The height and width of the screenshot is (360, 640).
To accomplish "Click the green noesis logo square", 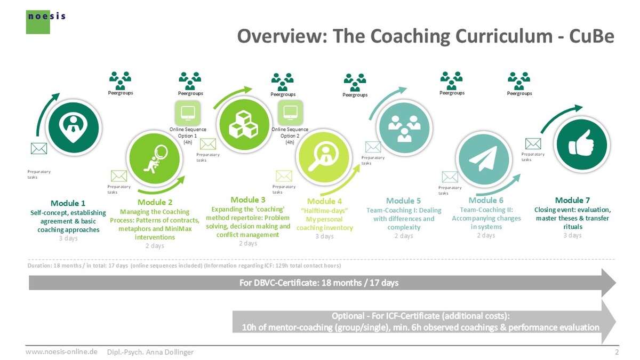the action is [x=38, y=22].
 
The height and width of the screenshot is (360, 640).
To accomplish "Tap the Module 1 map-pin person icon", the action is [x=74, y=127].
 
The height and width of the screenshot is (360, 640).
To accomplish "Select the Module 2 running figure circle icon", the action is [x=154, y=158].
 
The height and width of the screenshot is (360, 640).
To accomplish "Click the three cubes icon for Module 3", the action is [x=244, y=125].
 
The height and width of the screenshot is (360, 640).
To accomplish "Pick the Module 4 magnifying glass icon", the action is [x=324, y=157].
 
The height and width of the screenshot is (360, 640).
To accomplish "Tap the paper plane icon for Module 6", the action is [x=483, y=159].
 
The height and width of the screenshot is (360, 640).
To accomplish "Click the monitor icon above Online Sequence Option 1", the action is [x=188, y=113].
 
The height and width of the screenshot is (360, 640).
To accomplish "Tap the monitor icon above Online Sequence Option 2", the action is [x=290, y=113].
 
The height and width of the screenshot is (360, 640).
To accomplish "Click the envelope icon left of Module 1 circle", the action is [x=39, y=149].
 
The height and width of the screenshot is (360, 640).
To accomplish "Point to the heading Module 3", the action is [x=247, y=199].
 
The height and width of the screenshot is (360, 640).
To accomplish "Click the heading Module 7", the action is [x=572, y=201].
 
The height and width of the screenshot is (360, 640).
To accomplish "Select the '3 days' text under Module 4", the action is [x=324, y=236].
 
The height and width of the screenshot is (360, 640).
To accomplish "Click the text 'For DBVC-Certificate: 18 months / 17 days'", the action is [x=319, y=283].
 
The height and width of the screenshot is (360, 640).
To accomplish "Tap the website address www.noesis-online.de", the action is [x=61, y=351].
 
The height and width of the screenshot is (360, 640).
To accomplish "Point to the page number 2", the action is [x=617, y=351].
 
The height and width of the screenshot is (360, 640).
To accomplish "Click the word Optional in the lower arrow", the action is [x=348, y=316].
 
